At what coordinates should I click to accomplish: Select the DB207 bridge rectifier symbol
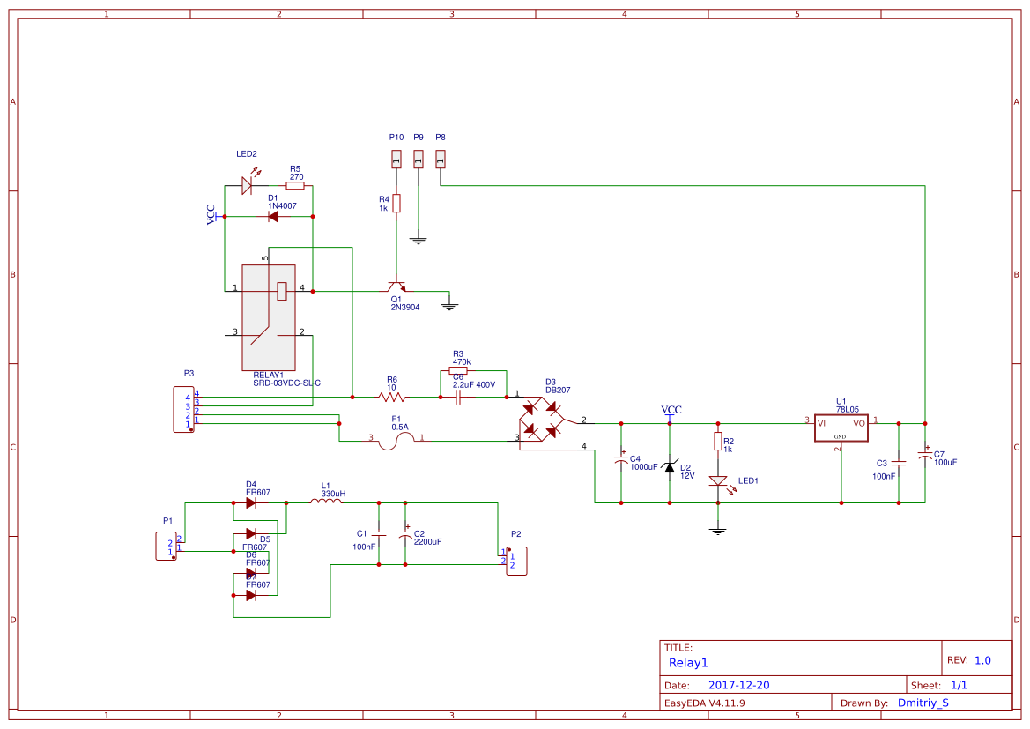coord(540,420)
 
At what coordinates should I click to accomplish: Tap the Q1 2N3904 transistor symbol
coord(396,287)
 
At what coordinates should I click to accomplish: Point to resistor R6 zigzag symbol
coord(391,398)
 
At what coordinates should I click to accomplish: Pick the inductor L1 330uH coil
coord(326,502)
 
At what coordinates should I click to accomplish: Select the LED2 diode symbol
coord(248,185)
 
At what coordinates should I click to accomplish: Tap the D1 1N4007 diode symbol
coord(273,216)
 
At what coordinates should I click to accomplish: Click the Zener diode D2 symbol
coord(670,467)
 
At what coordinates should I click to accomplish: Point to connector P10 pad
coord(396,159)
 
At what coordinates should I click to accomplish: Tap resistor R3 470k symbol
coord(458,371)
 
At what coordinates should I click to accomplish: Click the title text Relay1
coord(688,663)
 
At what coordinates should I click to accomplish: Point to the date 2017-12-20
coord(739,685)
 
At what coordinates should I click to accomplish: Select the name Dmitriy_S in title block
coord(923,703)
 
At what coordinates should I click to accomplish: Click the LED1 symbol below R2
coord(718,481)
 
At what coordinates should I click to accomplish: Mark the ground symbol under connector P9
coord(419,239)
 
